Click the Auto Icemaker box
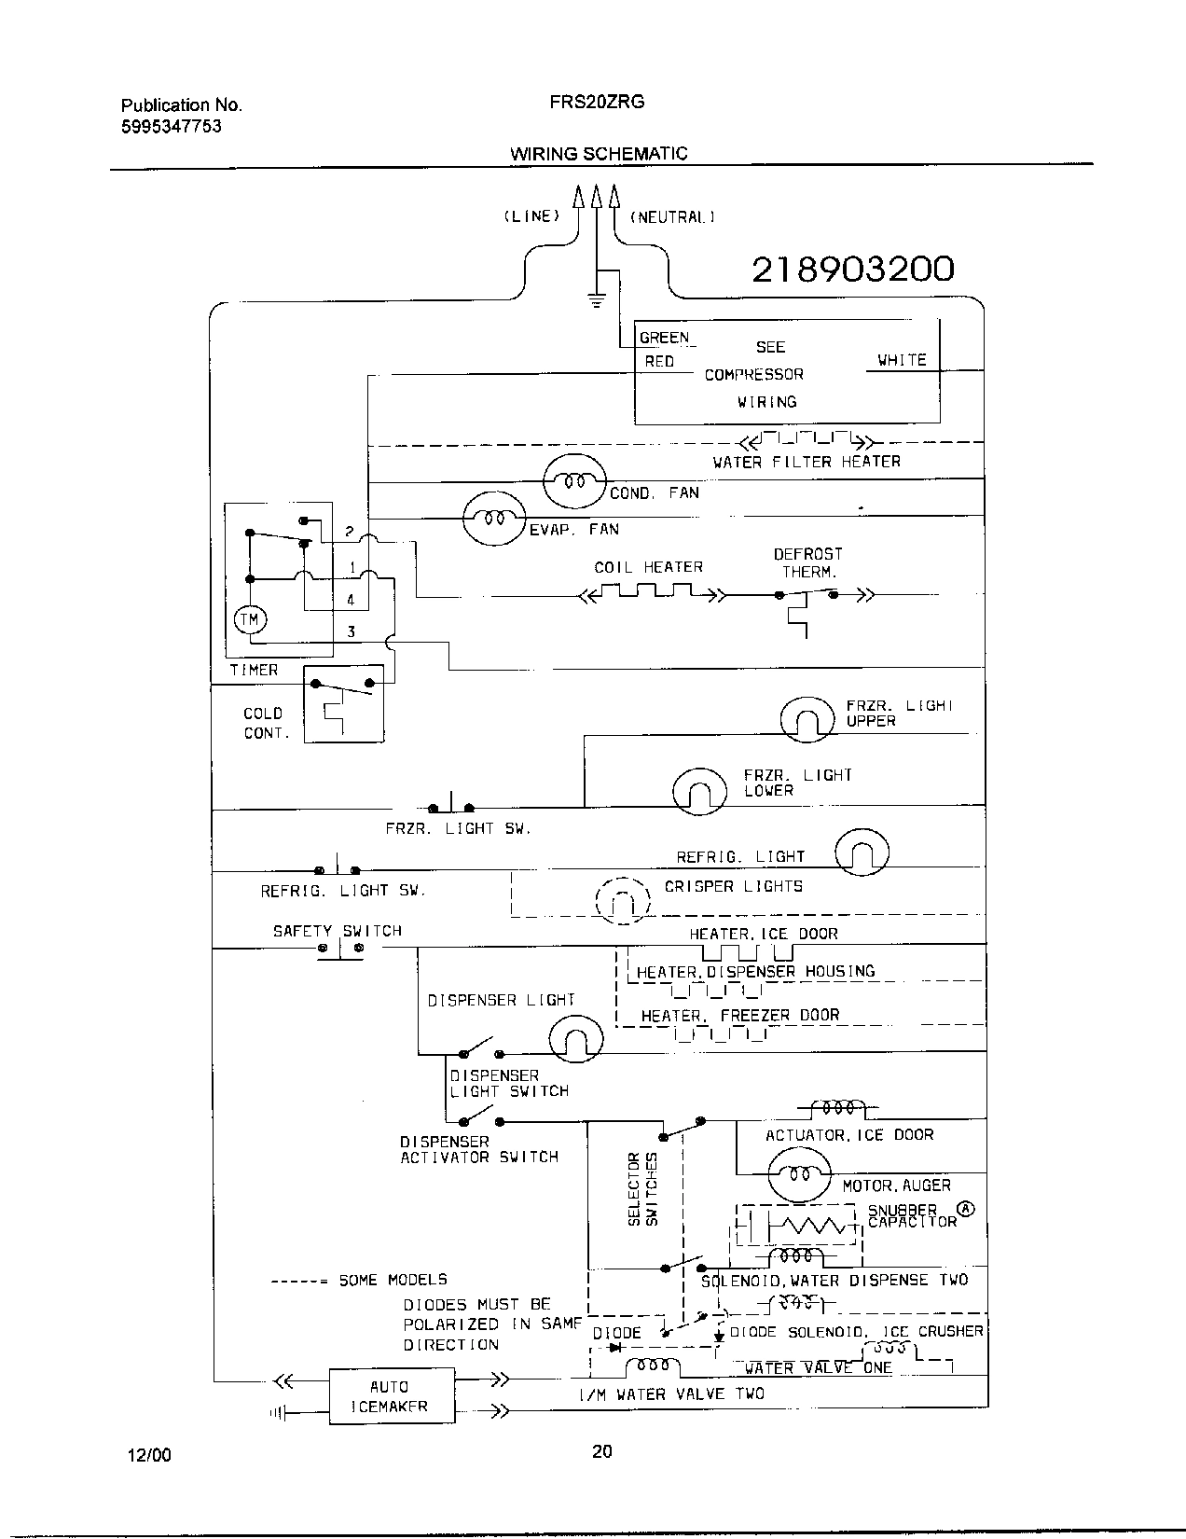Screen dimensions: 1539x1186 (x=392, y=1395)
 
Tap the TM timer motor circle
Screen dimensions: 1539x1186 (x=250, y=619)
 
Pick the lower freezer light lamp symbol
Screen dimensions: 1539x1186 (x=699, y=790)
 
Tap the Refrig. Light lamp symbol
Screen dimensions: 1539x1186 (x=862, y=853)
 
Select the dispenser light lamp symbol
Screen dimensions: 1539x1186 (x=575, y=1038)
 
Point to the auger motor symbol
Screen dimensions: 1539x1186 (x=799, y=1173)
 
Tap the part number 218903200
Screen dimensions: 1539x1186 (x=853, y=270)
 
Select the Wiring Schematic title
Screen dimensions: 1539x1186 (x=599, y=154)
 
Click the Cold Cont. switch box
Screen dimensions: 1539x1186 (x=344, y=703)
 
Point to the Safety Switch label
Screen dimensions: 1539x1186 (x=337, y=931)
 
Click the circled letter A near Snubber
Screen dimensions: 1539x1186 (x=966, y=1209)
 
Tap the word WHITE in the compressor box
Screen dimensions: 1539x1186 (x=902, y=360)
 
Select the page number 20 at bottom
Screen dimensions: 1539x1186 (x=601, y=1451)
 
